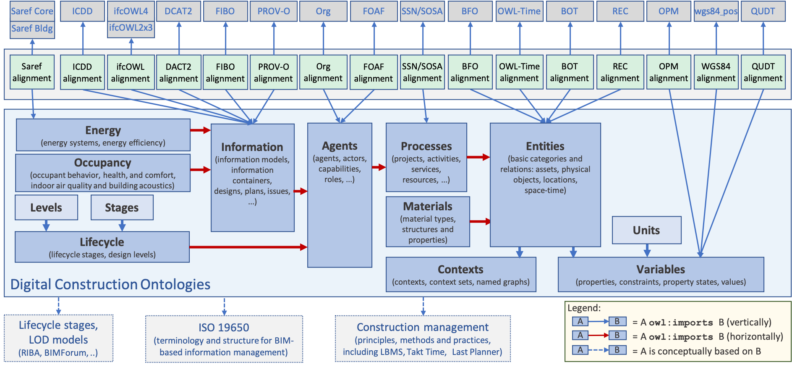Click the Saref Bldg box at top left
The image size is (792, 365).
pyautogui.click(x=32, y=29)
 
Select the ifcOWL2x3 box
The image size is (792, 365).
pyautogui.click(x=131, y=28)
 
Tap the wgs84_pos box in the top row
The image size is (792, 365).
pyautogui.click(x=716, y=11)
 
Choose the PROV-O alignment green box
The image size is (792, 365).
pyautogui.click(x=274, y=72)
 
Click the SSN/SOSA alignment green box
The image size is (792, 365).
pyautogui.click(x=422, y=72)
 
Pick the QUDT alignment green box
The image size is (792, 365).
pyautogui.click(x=763, y=72)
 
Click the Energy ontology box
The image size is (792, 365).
pyautogui.click(x=103, y=135)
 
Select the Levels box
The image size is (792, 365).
pyautogui.click(x=46, y=207)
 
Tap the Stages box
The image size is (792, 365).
pyautogui.click(x=122, y=207)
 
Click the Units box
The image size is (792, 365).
pyautogui.click(x=646, y=230)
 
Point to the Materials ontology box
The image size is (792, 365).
pyautogui.click(x=428, y=222)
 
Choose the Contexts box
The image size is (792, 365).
pyautogui.click(x=460, y=274)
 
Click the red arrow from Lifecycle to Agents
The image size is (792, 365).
pyautogui.click(x=248, y=247)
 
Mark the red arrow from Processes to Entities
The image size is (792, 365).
pyautogui.click(x=478, y=157)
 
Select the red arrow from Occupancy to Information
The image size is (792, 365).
pyautogui.click(x=200, y=170)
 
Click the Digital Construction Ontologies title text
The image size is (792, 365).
pyautogui.click(x=110, y=284)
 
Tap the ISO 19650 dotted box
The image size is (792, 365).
pyautogui.click(x=224, y=339)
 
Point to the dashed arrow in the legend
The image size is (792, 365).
pyautogui.click(x=599, y=350)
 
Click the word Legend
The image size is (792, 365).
pyautogui.click(x=584, y=308)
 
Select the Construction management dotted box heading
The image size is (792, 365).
pyautogui.click(x=422, y=327)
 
